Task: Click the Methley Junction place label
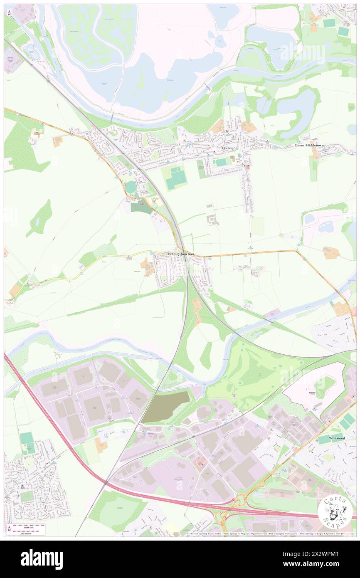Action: [180, 254]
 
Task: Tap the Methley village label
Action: [228, 148]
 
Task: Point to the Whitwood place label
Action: [337, 438]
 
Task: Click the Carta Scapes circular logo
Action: [335, 511]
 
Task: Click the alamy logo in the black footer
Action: [42, 559]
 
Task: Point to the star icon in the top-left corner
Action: [9, 14]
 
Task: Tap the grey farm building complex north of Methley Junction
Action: [213, 220]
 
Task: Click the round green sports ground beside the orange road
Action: [131, 188]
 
